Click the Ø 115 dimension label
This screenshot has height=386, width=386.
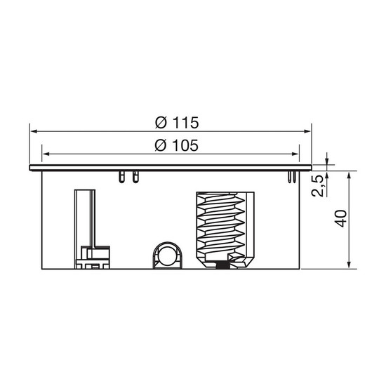point(177,122)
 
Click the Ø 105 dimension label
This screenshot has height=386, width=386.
point(176,145)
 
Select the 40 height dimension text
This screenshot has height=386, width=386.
point(341,218)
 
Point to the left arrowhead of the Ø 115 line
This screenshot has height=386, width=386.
point(34,131)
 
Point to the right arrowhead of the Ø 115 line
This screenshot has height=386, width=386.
point(307,131)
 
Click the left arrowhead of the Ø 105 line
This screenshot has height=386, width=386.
point(46,154)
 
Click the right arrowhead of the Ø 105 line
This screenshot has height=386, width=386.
point(295,154)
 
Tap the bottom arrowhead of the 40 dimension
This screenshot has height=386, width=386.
point(349,265)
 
